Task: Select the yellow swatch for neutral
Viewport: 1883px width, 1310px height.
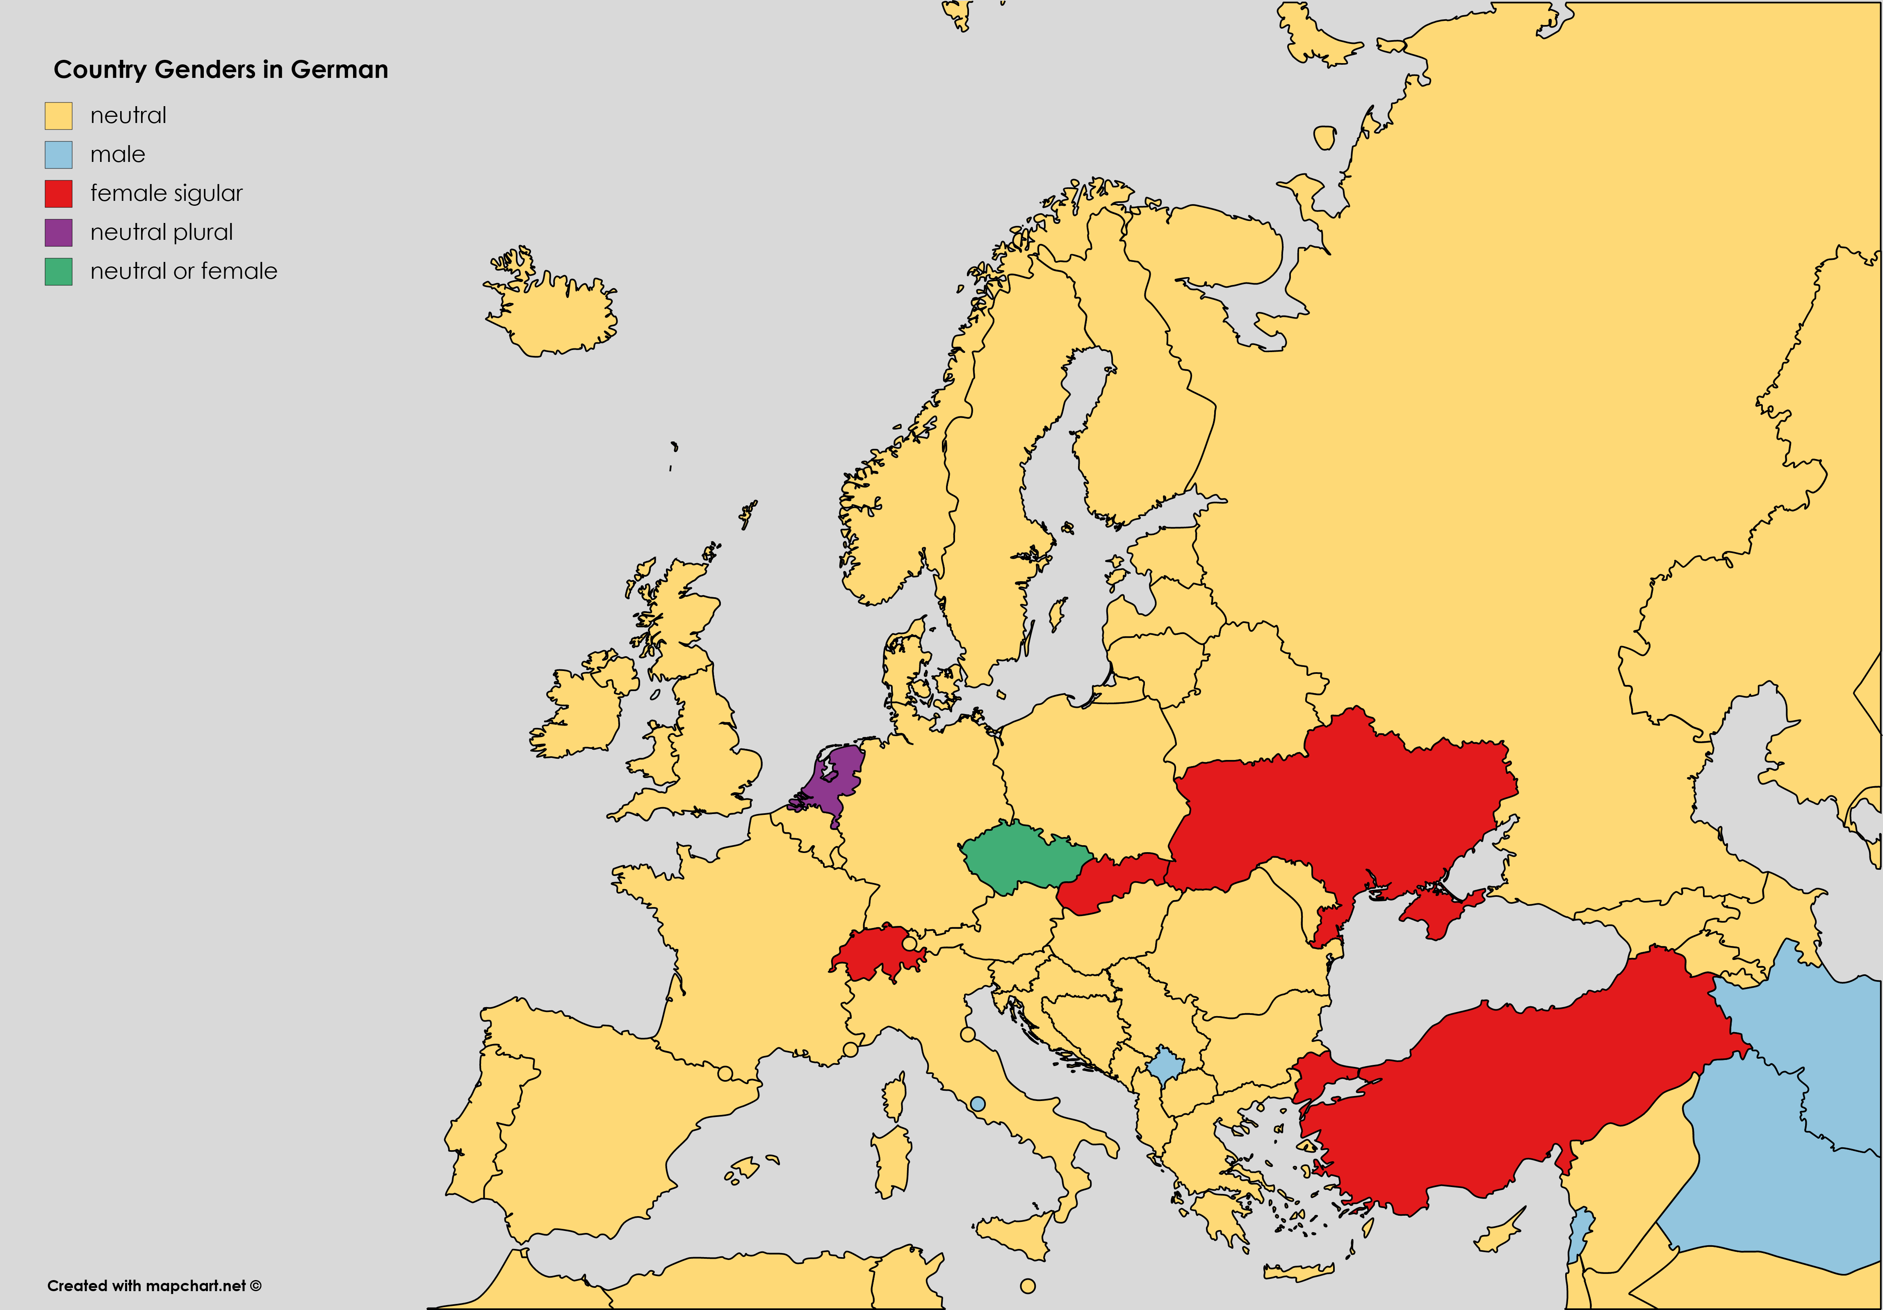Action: point(58,116)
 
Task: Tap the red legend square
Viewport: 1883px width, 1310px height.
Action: point(58,193)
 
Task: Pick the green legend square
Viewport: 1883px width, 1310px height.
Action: point(58,271)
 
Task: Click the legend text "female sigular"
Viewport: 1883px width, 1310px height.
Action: point(166,193)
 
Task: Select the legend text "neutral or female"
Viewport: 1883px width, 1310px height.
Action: point(184,271)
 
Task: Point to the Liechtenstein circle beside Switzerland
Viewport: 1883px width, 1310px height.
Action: point(909,944)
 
